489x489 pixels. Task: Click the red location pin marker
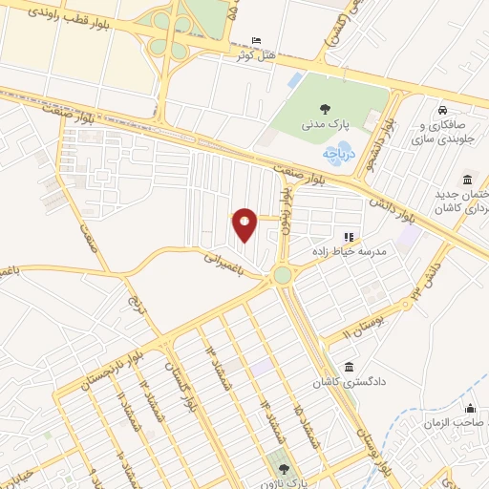point(245,223)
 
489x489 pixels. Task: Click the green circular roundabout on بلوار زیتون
point(282,276)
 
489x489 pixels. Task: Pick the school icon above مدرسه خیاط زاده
point(349,236)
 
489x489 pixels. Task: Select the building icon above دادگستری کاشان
point(349,367)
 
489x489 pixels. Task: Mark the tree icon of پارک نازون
point(283,468)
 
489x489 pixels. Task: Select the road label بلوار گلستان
point(178,385)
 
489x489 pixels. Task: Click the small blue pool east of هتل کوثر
point(295,79)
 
